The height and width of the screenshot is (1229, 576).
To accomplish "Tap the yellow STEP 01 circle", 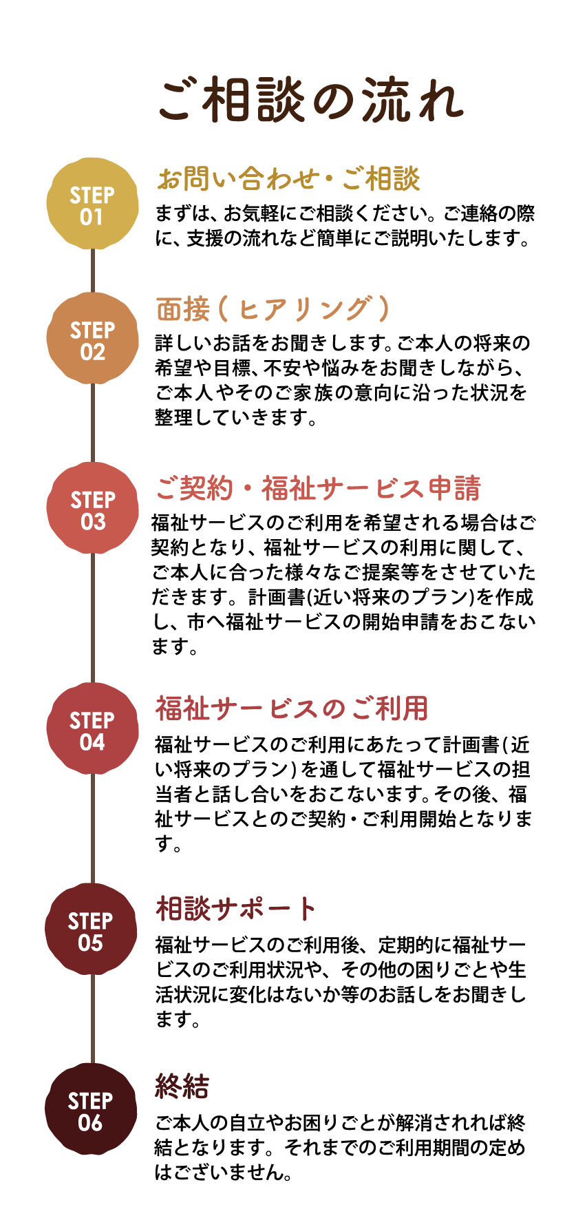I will pyautogui.click(x=92, y=204).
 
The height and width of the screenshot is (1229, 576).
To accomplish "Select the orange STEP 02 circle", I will pyautogui.click(x=92, y=338).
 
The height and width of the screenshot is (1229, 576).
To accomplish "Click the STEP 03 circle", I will pyautogui.click(x=92, y=508).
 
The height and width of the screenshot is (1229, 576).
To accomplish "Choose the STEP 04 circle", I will pyautogui.click(x=92, y=728).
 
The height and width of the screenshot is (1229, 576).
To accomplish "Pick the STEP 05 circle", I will pyautogui.click(x=91, y=929).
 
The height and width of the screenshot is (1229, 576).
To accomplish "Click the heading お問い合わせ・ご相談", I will pyautogui.click(x=288, y=180).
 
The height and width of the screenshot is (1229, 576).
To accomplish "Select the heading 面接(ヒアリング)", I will pyautogui.click(x=273, y=309).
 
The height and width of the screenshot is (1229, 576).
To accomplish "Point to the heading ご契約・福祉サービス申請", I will pyautogui.click(x=318, y=489).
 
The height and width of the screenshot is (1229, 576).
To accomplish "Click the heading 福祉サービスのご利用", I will pyautogui.click(x=292, y=708).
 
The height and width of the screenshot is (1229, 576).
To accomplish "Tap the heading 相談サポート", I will pyautogui.click(x=236, y=909).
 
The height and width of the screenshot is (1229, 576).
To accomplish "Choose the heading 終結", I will pyautogui.click(x=182, y=1087).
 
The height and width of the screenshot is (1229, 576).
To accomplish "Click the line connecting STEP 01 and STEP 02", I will pyautogui.click(x=92, y=271).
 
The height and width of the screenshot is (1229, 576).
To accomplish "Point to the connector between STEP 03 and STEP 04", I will pyautogui.click(x=92, y=618).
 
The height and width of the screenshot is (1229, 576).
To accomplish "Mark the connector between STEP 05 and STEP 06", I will pyautogui.click(x=92, y=1019).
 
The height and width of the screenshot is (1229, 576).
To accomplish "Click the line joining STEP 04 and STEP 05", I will pyautogui.click(x=92, y=828).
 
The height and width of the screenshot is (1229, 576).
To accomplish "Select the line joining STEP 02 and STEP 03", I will pyautogui.click(x=92, y=423).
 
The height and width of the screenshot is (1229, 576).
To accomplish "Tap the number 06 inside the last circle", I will pyautogui.click(x=90, y=1123).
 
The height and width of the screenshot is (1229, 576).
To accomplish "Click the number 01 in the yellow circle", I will pyautogui.click(x=91, y=218).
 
